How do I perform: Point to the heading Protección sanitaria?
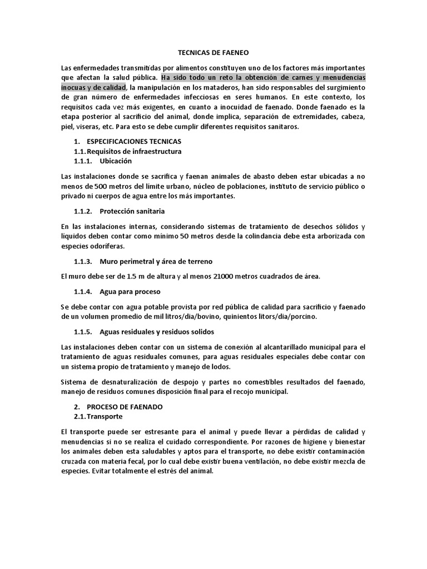[132, 212]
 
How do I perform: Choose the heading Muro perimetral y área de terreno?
[156, 261]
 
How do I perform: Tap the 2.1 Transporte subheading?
[105, 417]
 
